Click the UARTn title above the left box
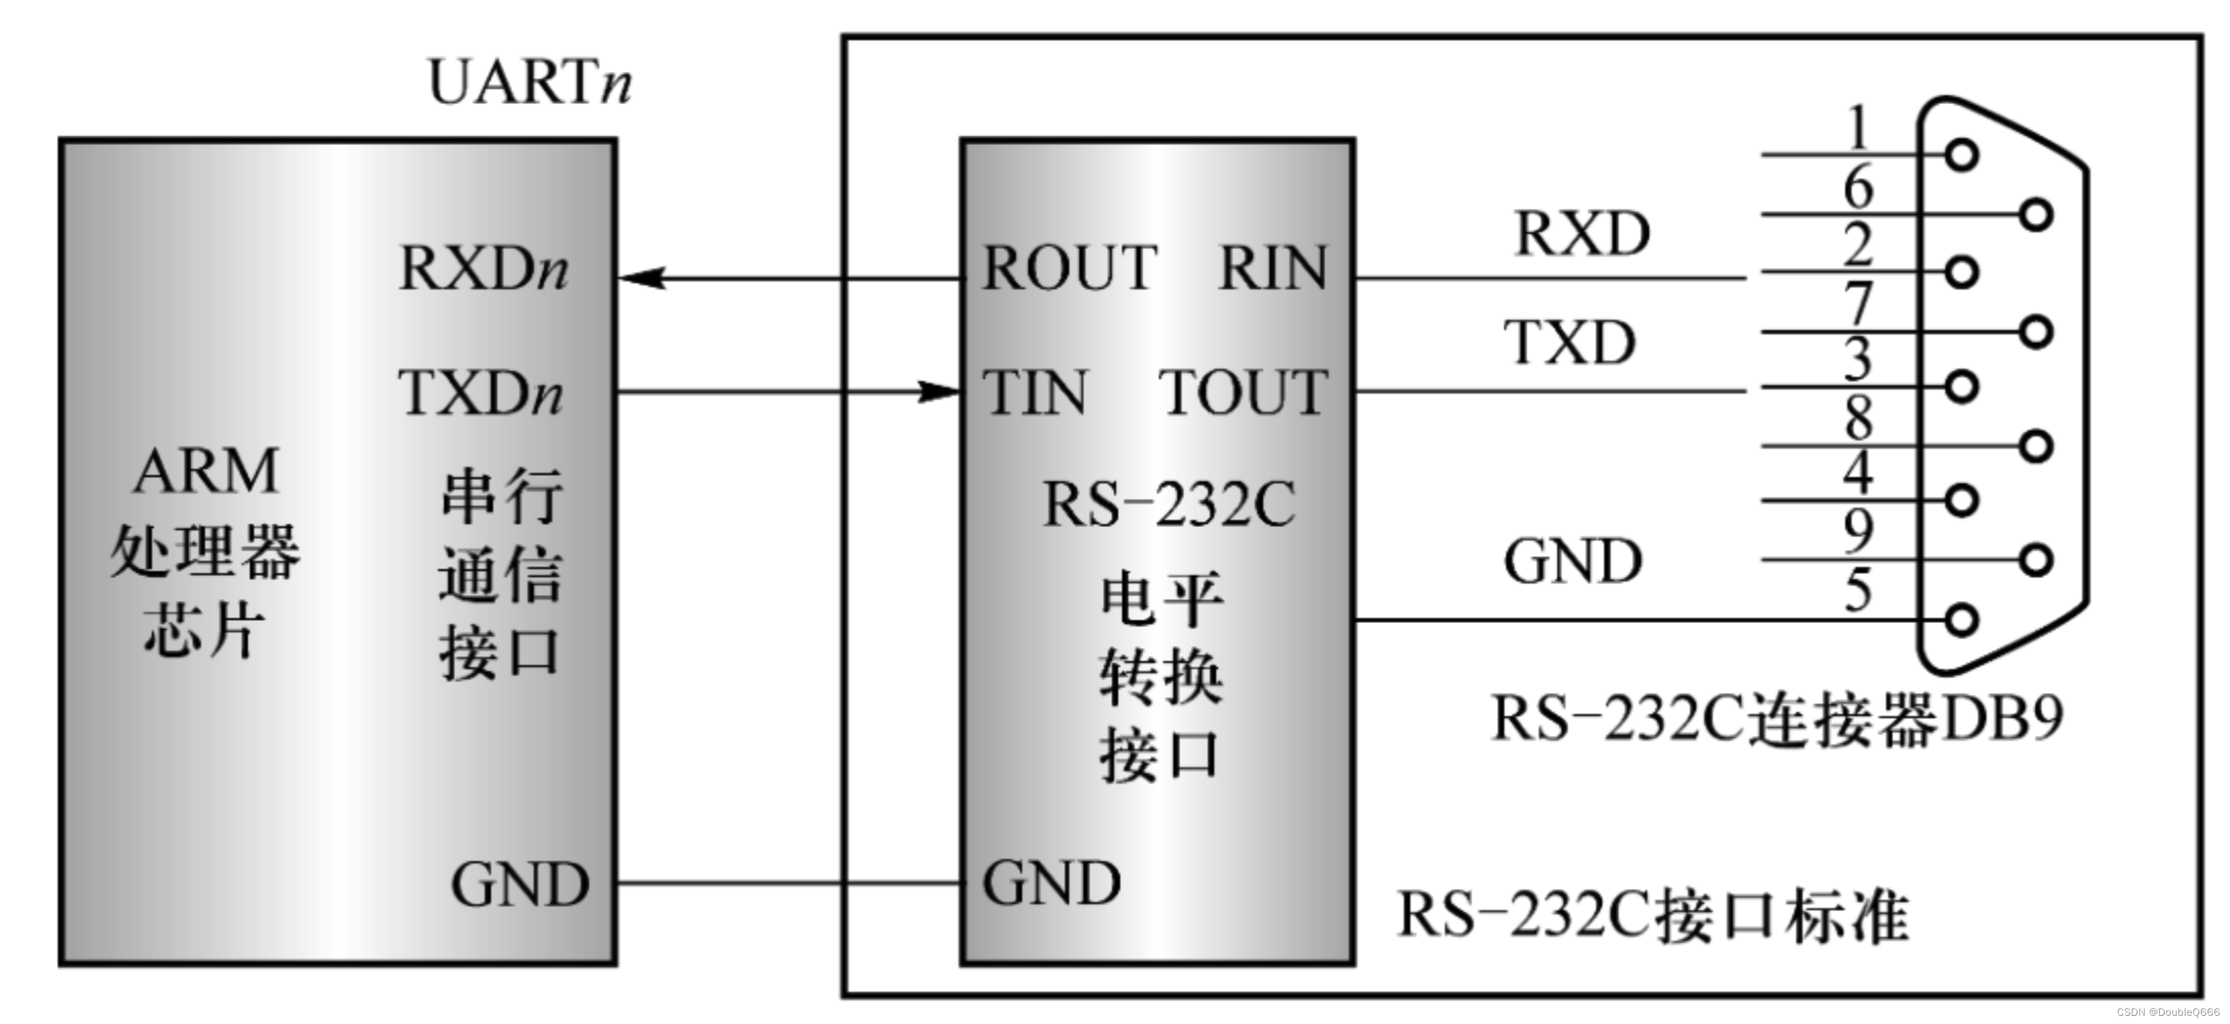[529, 83]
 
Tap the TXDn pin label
[479, 393]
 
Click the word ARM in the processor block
[206, 472]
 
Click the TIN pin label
[1035, 393]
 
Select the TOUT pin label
[1242, 393]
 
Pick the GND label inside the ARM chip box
[519, 885]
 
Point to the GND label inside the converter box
[1051, 883]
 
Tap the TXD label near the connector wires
[1569, 343]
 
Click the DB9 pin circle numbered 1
[1961, 156]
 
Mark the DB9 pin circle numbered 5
[1961, 619]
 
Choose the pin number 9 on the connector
[1857, 530]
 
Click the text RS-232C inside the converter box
[1169, 504]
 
